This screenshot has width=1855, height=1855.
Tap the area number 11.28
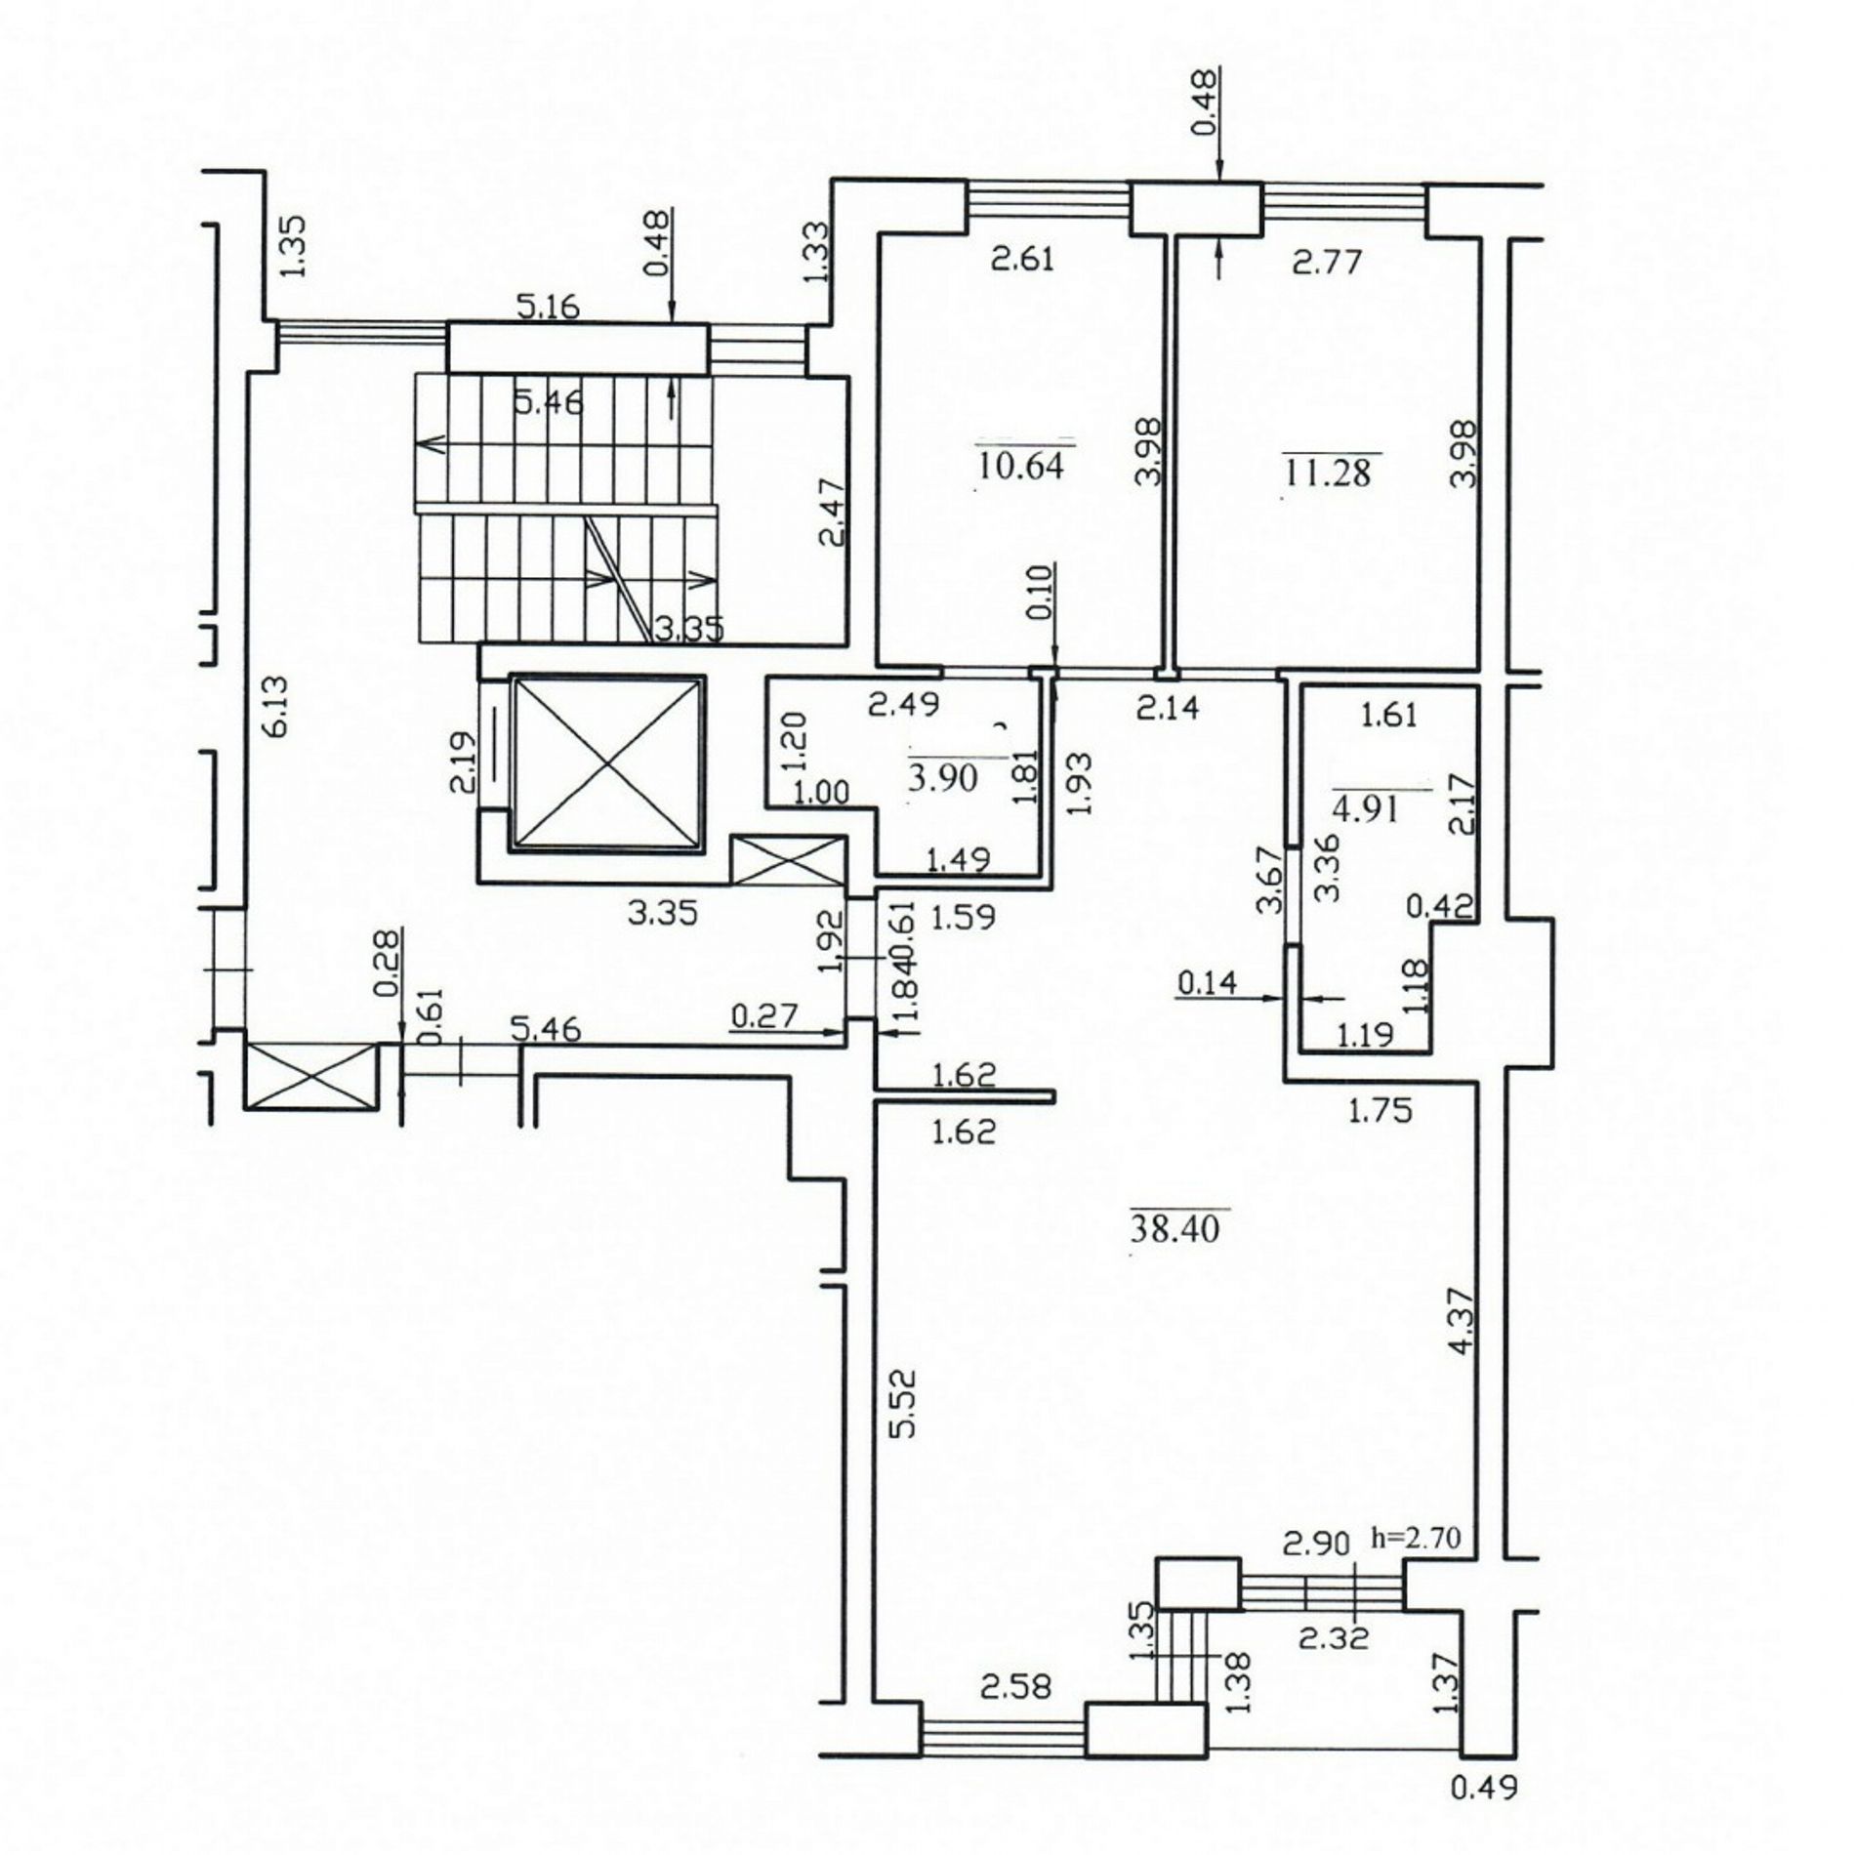[x=1329, y=472]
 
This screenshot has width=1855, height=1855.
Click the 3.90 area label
[x=944, y=777]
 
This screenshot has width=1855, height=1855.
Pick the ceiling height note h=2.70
[x=1416, y=1539]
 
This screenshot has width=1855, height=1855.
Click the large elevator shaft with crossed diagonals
[x=607, y=763]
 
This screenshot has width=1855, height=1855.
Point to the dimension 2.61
[x=1022, y=260]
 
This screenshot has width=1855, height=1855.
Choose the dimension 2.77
[x=1327, y=262]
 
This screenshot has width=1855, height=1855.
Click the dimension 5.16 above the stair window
[x=548, y=308]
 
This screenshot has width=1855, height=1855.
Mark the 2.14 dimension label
[x=1168, y=707]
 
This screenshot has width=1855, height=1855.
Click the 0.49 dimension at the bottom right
[x=1485, y=1815]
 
